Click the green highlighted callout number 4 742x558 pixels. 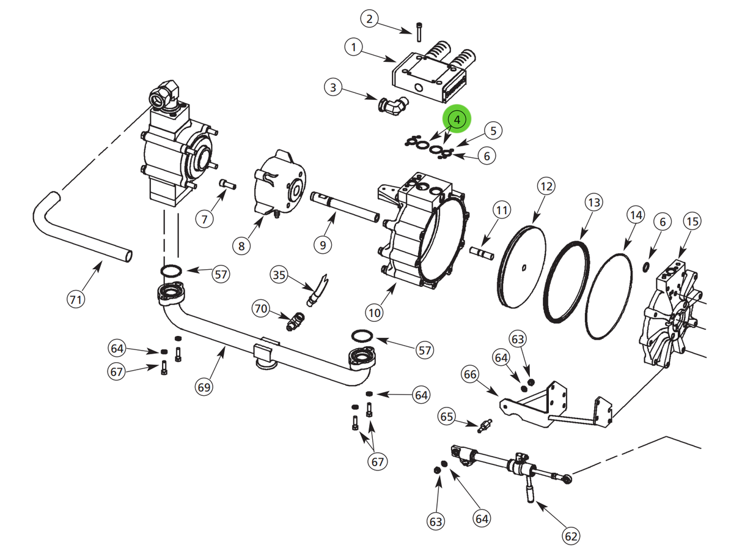(x=458, y=119)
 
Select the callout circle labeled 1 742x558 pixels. (x=354, y=46)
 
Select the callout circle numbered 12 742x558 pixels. (x=546, y=185)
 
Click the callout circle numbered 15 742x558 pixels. (x=691, y=221)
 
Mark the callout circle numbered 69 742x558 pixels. (x=204, y=387)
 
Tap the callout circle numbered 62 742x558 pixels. (x=570, y=536)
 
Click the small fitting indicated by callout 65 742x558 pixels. (x=485, y=425)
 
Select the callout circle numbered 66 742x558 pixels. (x=470, y=373)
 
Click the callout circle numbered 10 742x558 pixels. (x=375, y=313)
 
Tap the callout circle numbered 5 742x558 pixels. (x=493, y=130)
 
